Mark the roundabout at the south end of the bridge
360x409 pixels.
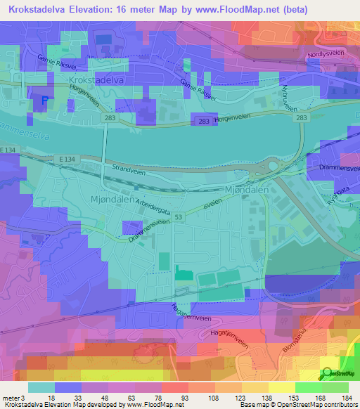269,167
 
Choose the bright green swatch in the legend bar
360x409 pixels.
311,388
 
